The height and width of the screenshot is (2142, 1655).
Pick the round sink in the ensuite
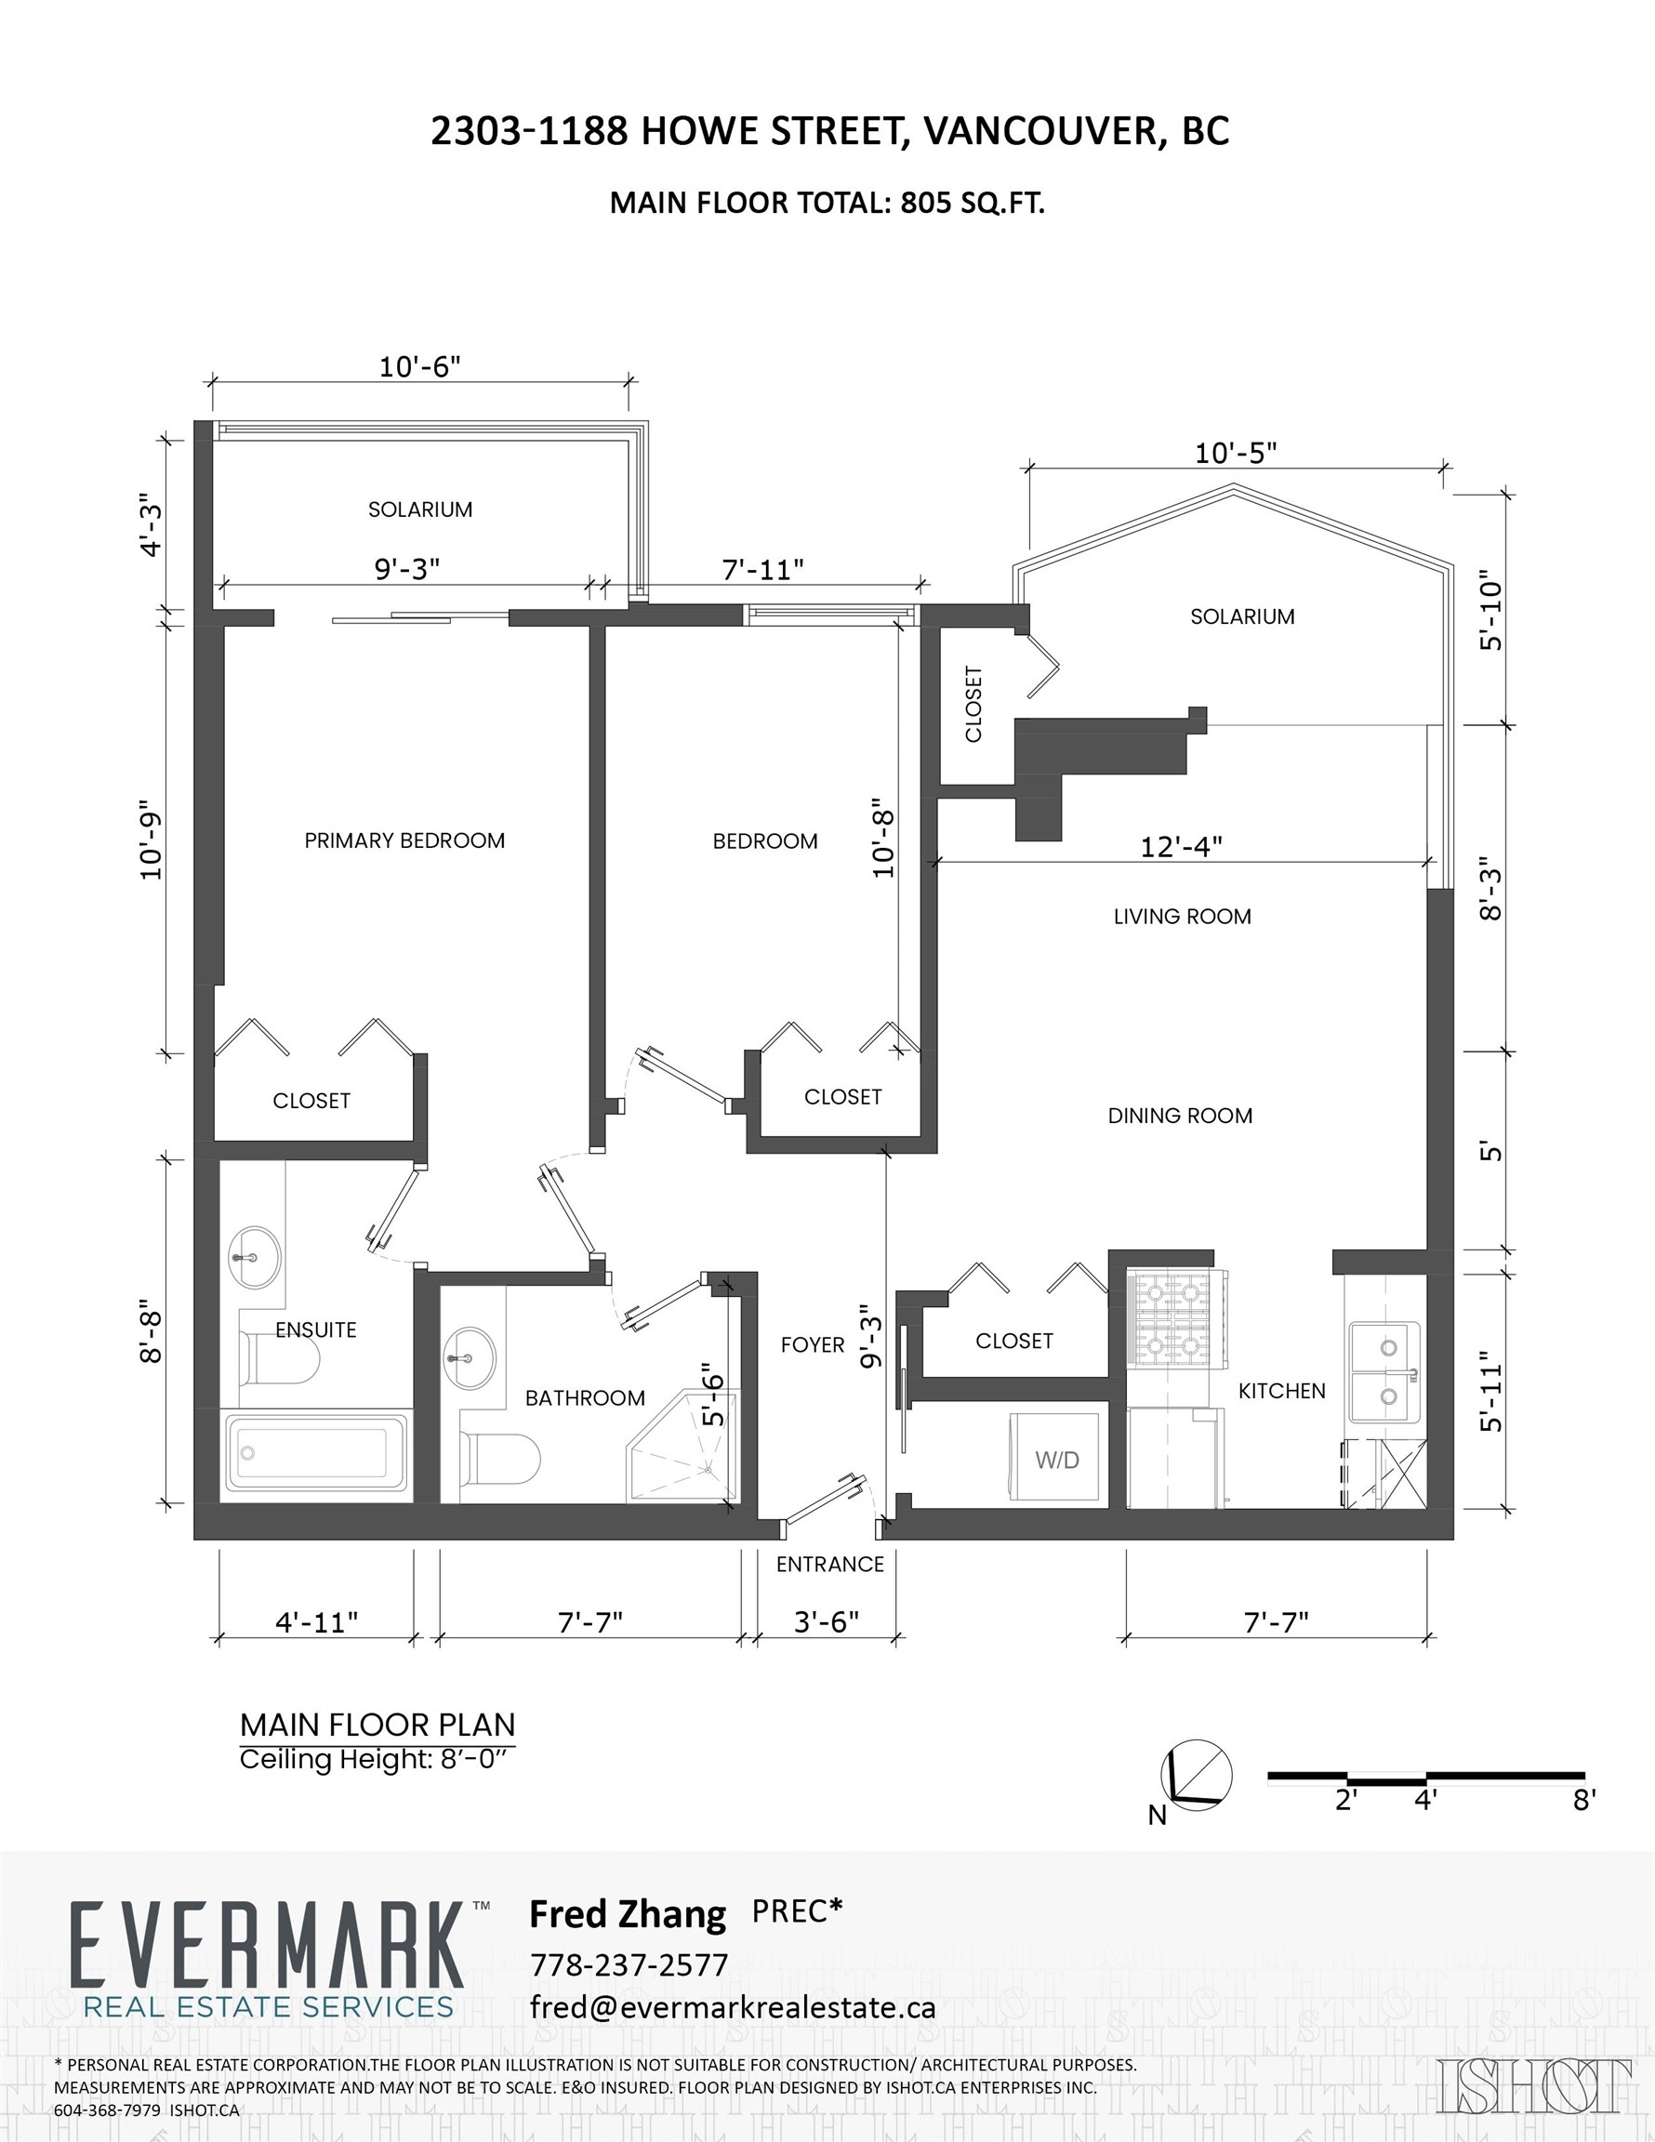[x=255, y=1254]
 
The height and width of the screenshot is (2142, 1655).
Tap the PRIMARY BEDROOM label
[x=404, y=840]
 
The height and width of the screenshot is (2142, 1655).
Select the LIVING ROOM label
[x=1181, y=916]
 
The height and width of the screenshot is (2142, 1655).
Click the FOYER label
[x=813, y=1344]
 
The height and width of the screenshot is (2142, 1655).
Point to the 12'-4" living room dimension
[x=1180, y=845]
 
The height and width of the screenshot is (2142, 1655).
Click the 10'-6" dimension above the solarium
[x=420, y=367]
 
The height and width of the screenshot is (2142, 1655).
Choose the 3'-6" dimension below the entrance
[x=826, y=1622]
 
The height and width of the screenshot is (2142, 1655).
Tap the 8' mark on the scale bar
[x=1583, y=1800]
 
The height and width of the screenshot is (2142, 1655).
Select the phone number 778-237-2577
[x=629, y=1964]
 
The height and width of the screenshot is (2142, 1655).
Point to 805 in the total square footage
[x=925, y=203]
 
